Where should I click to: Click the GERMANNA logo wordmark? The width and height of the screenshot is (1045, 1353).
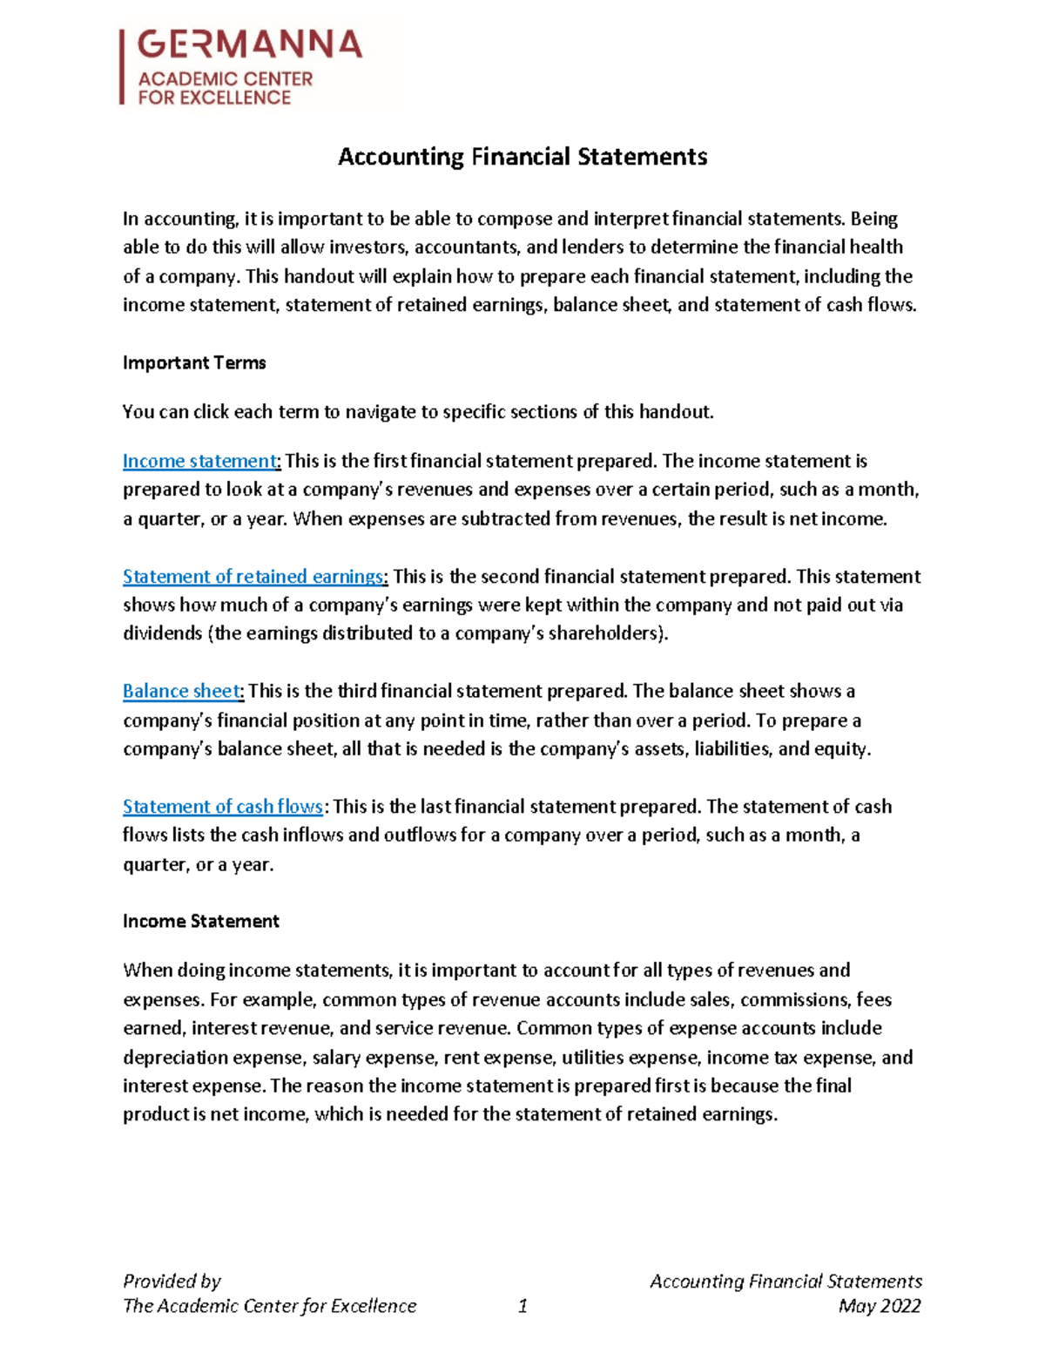(249, 44)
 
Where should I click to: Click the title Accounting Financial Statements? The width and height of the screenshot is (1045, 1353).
(522, 157)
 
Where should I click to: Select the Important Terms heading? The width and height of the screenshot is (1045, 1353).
(194, 362)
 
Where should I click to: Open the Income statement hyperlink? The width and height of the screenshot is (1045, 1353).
(199, 461)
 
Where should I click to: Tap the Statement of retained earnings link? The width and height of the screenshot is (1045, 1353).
(253, 577)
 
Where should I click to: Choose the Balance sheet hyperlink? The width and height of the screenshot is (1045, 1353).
(181, 692)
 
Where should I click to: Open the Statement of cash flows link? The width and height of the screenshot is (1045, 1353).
(222, 807)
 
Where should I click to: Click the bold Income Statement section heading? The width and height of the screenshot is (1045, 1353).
(200, 922)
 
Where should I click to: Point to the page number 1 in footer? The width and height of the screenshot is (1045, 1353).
(522, 1306)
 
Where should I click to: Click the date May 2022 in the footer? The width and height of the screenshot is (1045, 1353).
(880, 1306)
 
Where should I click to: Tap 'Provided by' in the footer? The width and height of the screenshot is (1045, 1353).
(172, 1282)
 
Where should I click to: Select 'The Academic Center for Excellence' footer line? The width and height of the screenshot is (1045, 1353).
(269, 1306)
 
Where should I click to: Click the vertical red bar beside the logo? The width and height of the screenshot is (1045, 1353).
(122, 67)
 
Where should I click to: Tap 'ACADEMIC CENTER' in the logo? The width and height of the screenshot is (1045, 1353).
(225, 79)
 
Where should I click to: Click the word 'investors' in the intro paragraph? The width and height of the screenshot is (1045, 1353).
(363, 247)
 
